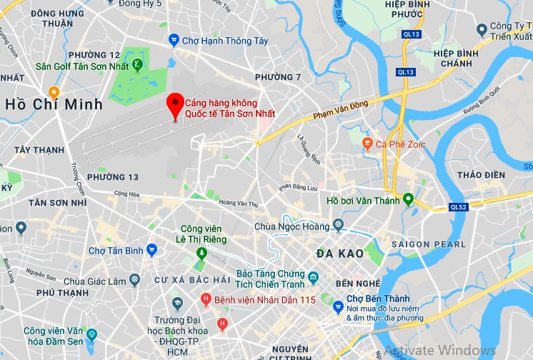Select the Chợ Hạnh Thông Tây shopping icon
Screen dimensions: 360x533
pyautogui.click(x=174, y=40)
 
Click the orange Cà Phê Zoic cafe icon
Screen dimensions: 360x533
pyautogui.click(x=367, y=144)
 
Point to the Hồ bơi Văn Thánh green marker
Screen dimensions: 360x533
pyautogui.click(x=408, y=199)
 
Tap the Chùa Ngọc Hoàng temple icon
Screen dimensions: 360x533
pyautogui.click(x=337, y=226)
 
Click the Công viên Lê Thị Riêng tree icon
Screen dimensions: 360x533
pyautogui.click(x=202, y=253)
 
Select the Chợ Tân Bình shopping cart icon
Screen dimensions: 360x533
pyautogui.click(x=151, y=249)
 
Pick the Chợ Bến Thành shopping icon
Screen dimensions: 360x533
pyautogui.click(x=338, y=306)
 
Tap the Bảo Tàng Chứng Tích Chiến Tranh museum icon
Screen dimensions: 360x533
pyautogui.click(x=314, y=276)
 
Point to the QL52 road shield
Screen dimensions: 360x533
pyautogui.click(x=459, y=207)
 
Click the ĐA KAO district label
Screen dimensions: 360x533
pyautogui.click(x=339, y=253)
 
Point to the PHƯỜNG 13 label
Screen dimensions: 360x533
pyautogui.click(x=113, y=177)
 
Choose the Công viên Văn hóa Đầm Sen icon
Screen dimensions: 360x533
pyautogui.click(x=91, y=333)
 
